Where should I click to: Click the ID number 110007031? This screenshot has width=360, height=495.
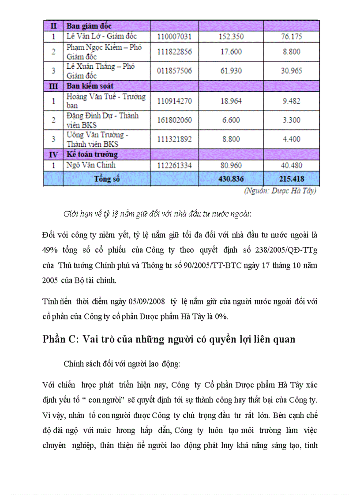[x=174, y=37]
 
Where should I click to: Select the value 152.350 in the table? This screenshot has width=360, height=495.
[x=231, y=37]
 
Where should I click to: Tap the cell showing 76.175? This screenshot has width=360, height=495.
[x=291, y=37]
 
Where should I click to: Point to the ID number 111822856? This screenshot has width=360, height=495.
[x=174, y=52]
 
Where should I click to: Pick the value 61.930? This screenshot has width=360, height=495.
[x=231, y=71]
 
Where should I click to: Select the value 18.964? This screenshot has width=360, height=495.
[x=231, y=101]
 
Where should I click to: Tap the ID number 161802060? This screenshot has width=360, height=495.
[x=174, y=120]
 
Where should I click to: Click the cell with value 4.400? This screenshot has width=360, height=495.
[x=291, y=139]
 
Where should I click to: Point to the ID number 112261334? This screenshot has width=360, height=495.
[x=174, y=165]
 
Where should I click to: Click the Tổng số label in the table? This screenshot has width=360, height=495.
[x=107, y=179]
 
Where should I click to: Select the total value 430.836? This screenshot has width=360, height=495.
[x=231, y=179]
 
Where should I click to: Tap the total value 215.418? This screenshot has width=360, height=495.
[x=291, y=179]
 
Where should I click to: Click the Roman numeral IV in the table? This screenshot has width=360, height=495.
[x=53, y=154]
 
